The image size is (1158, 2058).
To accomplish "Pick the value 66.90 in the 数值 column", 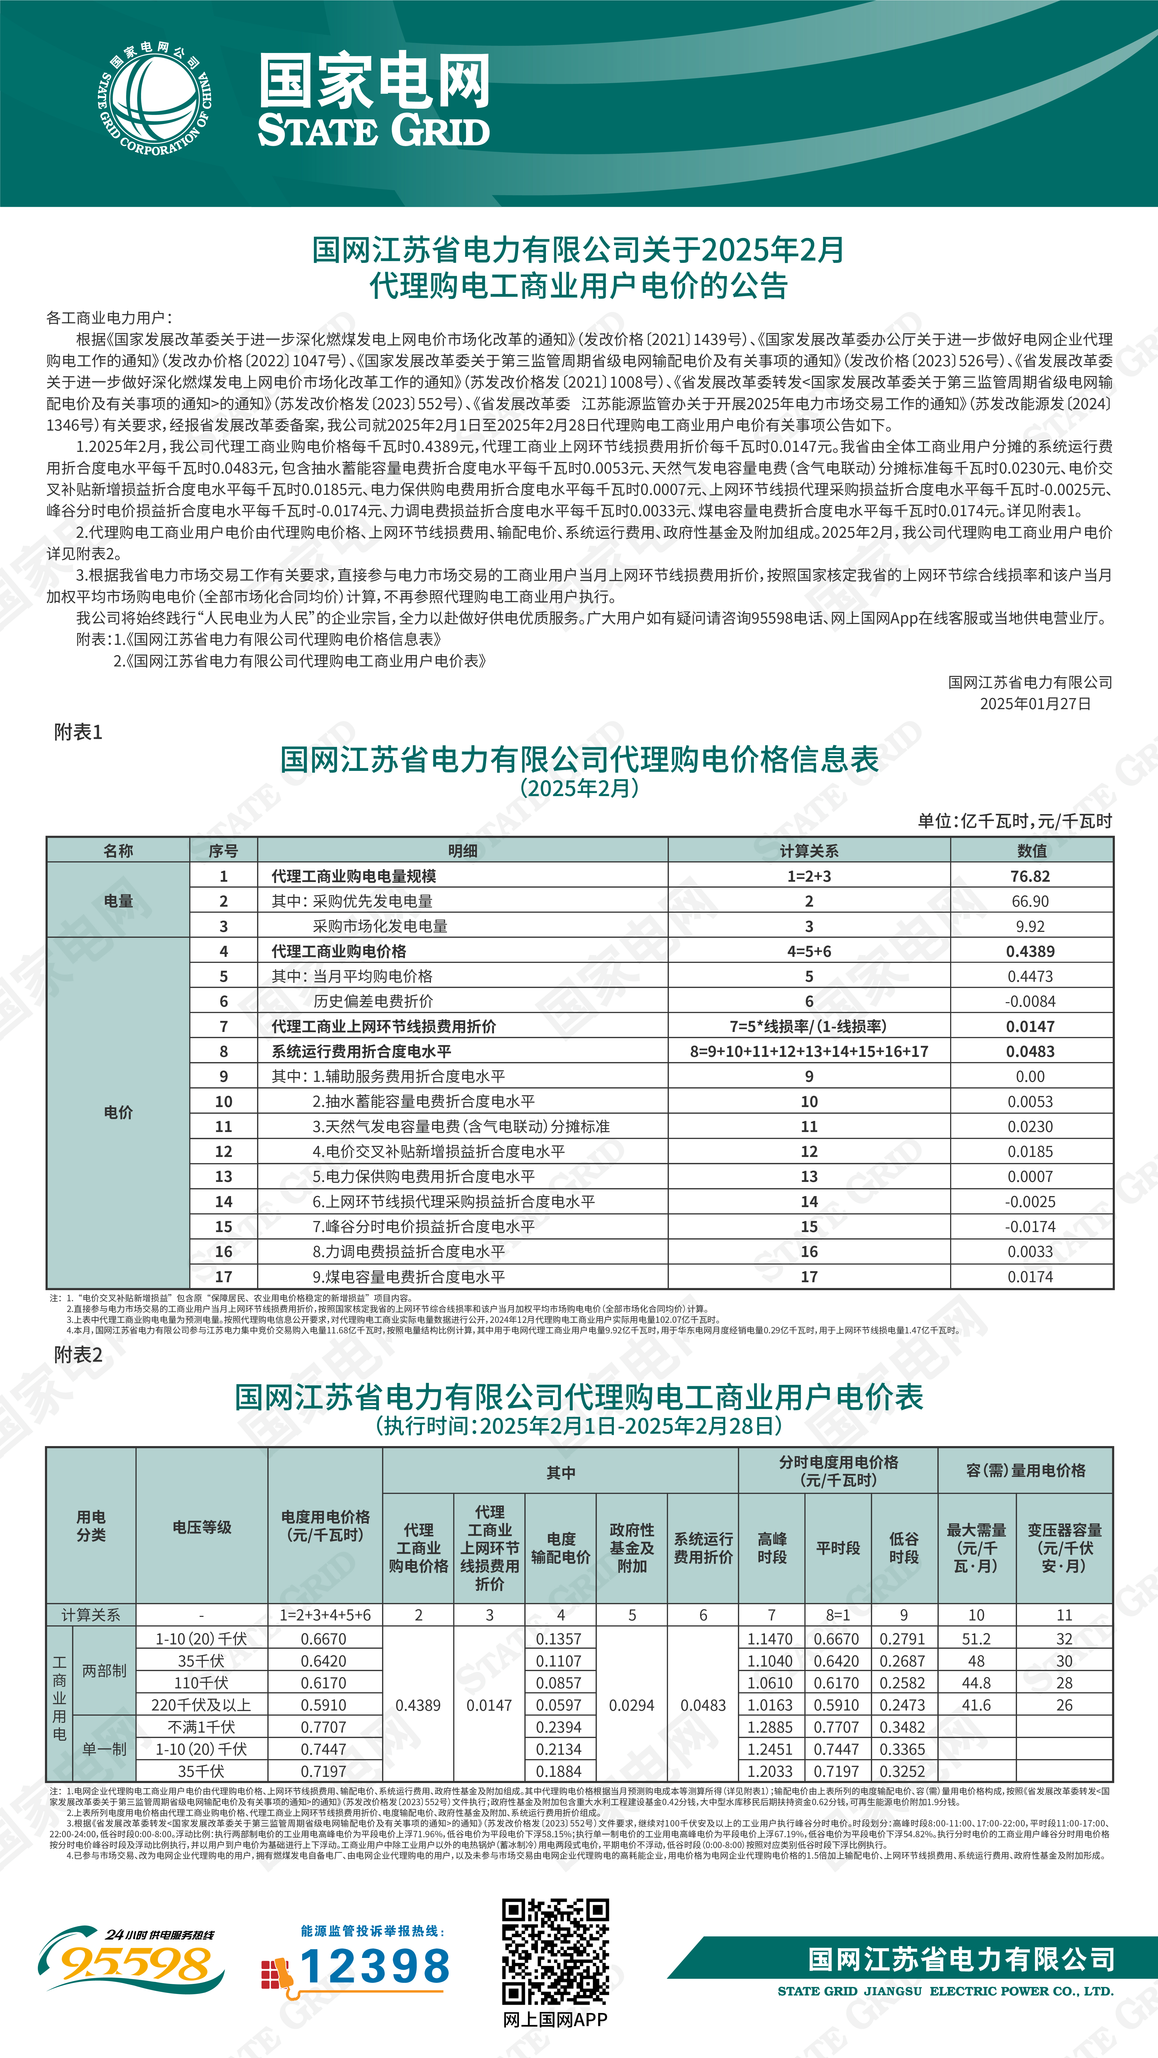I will coord(1030,901).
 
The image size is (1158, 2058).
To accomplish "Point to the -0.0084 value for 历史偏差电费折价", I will coord(1030,1001).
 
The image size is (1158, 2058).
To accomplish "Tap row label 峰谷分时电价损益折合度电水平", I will coord(423,1226).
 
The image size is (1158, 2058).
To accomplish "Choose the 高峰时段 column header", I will coord(772,1547).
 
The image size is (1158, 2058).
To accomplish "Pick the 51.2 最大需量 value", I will coord(976,1638).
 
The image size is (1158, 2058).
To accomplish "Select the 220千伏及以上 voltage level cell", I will coord(201,1705).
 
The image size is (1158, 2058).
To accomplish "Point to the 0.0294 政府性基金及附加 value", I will coord(631,1705).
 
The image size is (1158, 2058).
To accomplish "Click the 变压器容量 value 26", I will coord(1064,1705).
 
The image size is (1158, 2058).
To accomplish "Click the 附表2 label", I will coord(78,1355).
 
